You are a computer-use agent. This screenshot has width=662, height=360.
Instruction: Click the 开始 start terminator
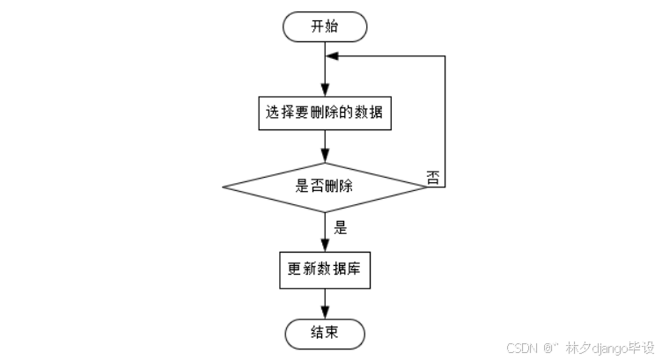(x=325, y=26)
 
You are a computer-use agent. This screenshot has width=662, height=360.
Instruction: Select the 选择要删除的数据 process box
(x=325, y=113)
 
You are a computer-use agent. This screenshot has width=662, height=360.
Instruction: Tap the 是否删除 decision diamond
(x=325, y=187)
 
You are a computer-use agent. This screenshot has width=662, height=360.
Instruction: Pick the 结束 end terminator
(x=325, y=334)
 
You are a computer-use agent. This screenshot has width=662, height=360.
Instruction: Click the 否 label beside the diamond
(x=433, y=177)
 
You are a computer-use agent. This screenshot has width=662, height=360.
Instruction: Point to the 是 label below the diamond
(x=341, y=227)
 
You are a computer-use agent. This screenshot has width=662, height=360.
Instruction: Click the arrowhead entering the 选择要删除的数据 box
(x=326, y=91)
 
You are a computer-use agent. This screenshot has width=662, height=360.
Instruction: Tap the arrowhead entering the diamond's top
(x=326, y=158)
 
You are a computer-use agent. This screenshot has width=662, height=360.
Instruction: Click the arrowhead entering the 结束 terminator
(x=326, y=314)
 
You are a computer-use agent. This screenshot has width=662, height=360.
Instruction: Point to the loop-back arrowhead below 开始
(x=331, y=56)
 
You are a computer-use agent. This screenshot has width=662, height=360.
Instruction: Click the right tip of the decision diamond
(x=427, y=187)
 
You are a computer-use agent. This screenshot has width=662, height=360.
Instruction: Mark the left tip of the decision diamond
(x=224, y=187)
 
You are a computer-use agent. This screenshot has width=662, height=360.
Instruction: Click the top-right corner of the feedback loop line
(x=445, y=56)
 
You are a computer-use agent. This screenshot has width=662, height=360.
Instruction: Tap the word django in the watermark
(x=607, y=348)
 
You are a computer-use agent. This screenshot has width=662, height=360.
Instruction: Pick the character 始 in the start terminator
(x=333, y=26)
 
